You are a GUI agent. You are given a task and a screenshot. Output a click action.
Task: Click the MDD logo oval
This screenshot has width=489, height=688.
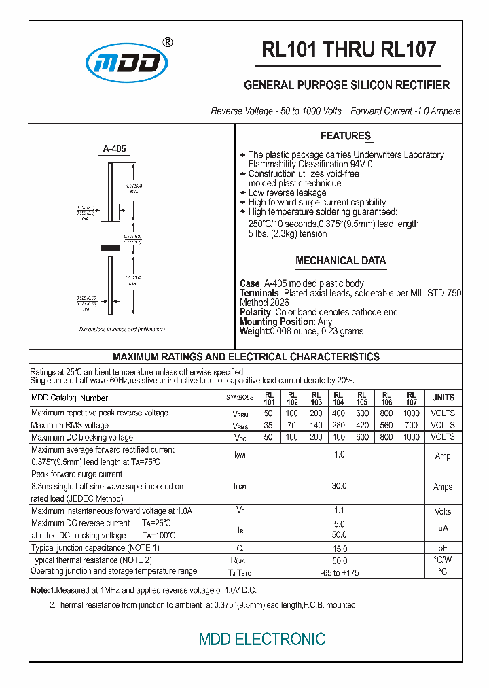pos(126,63)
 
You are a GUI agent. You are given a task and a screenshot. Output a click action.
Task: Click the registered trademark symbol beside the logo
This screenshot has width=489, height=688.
pos(168,42)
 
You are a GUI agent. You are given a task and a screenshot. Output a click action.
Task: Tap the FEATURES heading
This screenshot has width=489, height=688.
pos(345,136)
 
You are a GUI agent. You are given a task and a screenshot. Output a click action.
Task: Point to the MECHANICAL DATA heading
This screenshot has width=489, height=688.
pos(340,260)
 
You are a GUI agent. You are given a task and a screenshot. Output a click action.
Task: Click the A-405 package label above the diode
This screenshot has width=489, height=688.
pos(114,149)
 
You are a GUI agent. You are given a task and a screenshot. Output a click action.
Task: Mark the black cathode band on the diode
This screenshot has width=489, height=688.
pos(111,248)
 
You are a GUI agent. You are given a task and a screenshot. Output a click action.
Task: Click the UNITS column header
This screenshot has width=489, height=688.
pos(443,398)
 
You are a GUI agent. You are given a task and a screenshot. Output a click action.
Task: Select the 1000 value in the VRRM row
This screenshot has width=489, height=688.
pos(411,413)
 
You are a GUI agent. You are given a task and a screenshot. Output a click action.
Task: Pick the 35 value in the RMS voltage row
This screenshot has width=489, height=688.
pos(269,425)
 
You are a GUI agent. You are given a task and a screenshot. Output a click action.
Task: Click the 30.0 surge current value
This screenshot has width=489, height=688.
pos(339,486)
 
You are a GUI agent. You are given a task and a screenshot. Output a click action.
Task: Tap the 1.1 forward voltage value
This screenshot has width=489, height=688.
pos(340,511)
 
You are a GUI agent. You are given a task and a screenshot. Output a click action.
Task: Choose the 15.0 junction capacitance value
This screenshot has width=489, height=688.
pos(339,548)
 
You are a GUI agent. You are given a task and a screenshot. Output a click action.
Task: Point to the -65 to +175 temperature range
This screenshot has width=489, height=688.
pos(339,572)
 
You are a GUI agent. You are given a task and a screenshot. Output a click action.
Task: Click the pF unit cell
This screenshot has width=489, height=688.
pos(443,548)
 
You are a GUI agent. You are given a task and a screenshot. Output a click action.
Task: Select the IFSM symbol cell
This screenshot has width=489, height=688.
pos(240,487)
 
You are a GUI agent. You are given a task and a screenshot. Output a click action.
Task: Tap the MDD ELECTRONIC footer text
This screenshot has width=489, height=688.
pos(262,639)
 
